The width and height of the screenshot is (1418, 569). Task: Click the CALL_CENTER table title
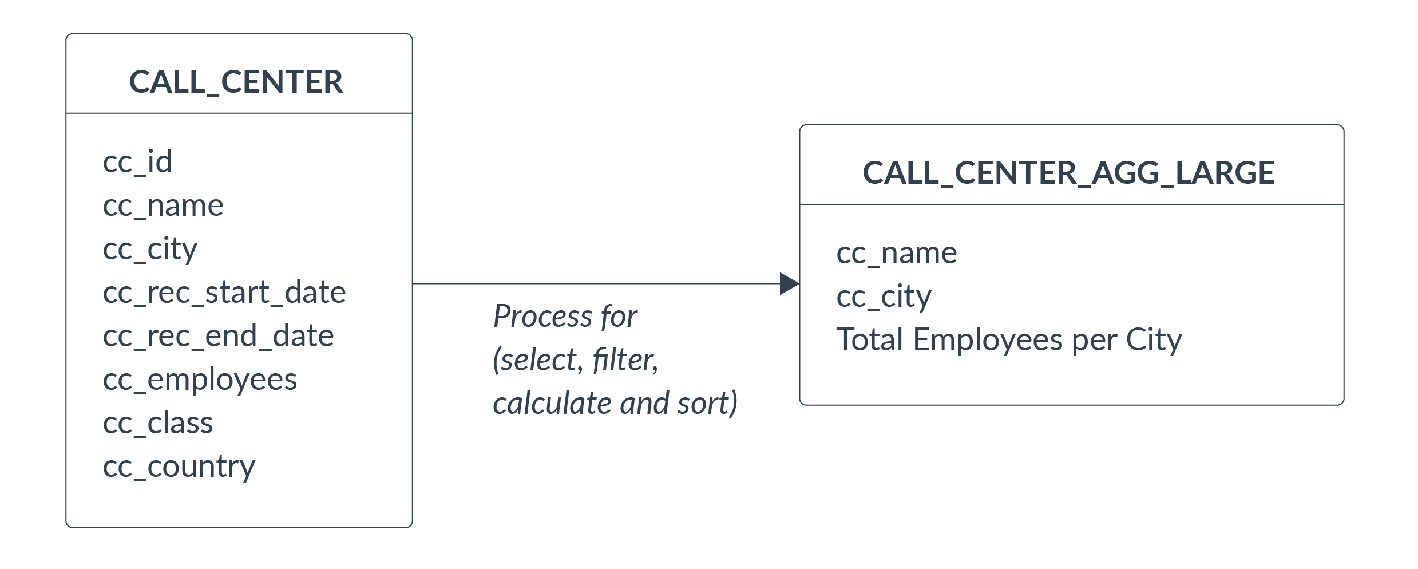pos(236,82)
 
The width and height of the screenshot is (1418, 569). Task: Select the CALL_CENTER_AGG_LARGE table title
pos(1068,173)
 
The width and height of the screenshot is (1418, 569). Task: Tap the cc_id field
pos(137,162)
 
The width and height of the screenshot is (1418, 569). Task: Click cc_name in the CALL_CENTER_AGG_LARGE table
pos(897,254)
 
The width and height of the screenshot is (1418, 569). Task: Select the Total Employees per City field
pos(1009,341)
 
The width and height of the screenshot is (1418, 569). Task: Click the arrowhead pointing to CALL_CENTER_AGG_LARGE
pos(790,284)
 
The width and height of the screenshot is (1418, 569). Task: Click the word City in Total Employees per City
pos(1154,341)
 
